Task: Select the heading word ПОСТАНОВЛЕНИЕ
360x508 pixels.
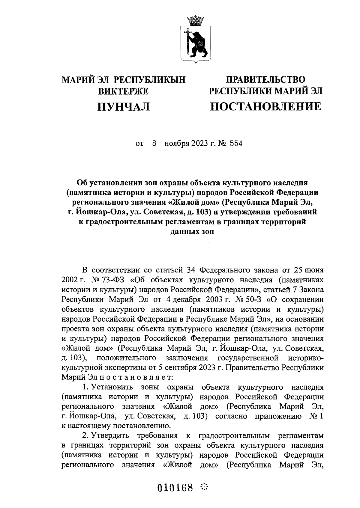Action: tap(265, 106)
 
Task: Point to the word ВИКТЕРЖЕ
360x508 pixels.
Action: tap(124, 91)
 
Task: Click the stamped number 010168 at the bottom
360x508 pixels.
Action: tap(175, 487)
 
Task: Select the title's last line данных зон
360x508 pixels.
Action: tap(192, 231)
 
